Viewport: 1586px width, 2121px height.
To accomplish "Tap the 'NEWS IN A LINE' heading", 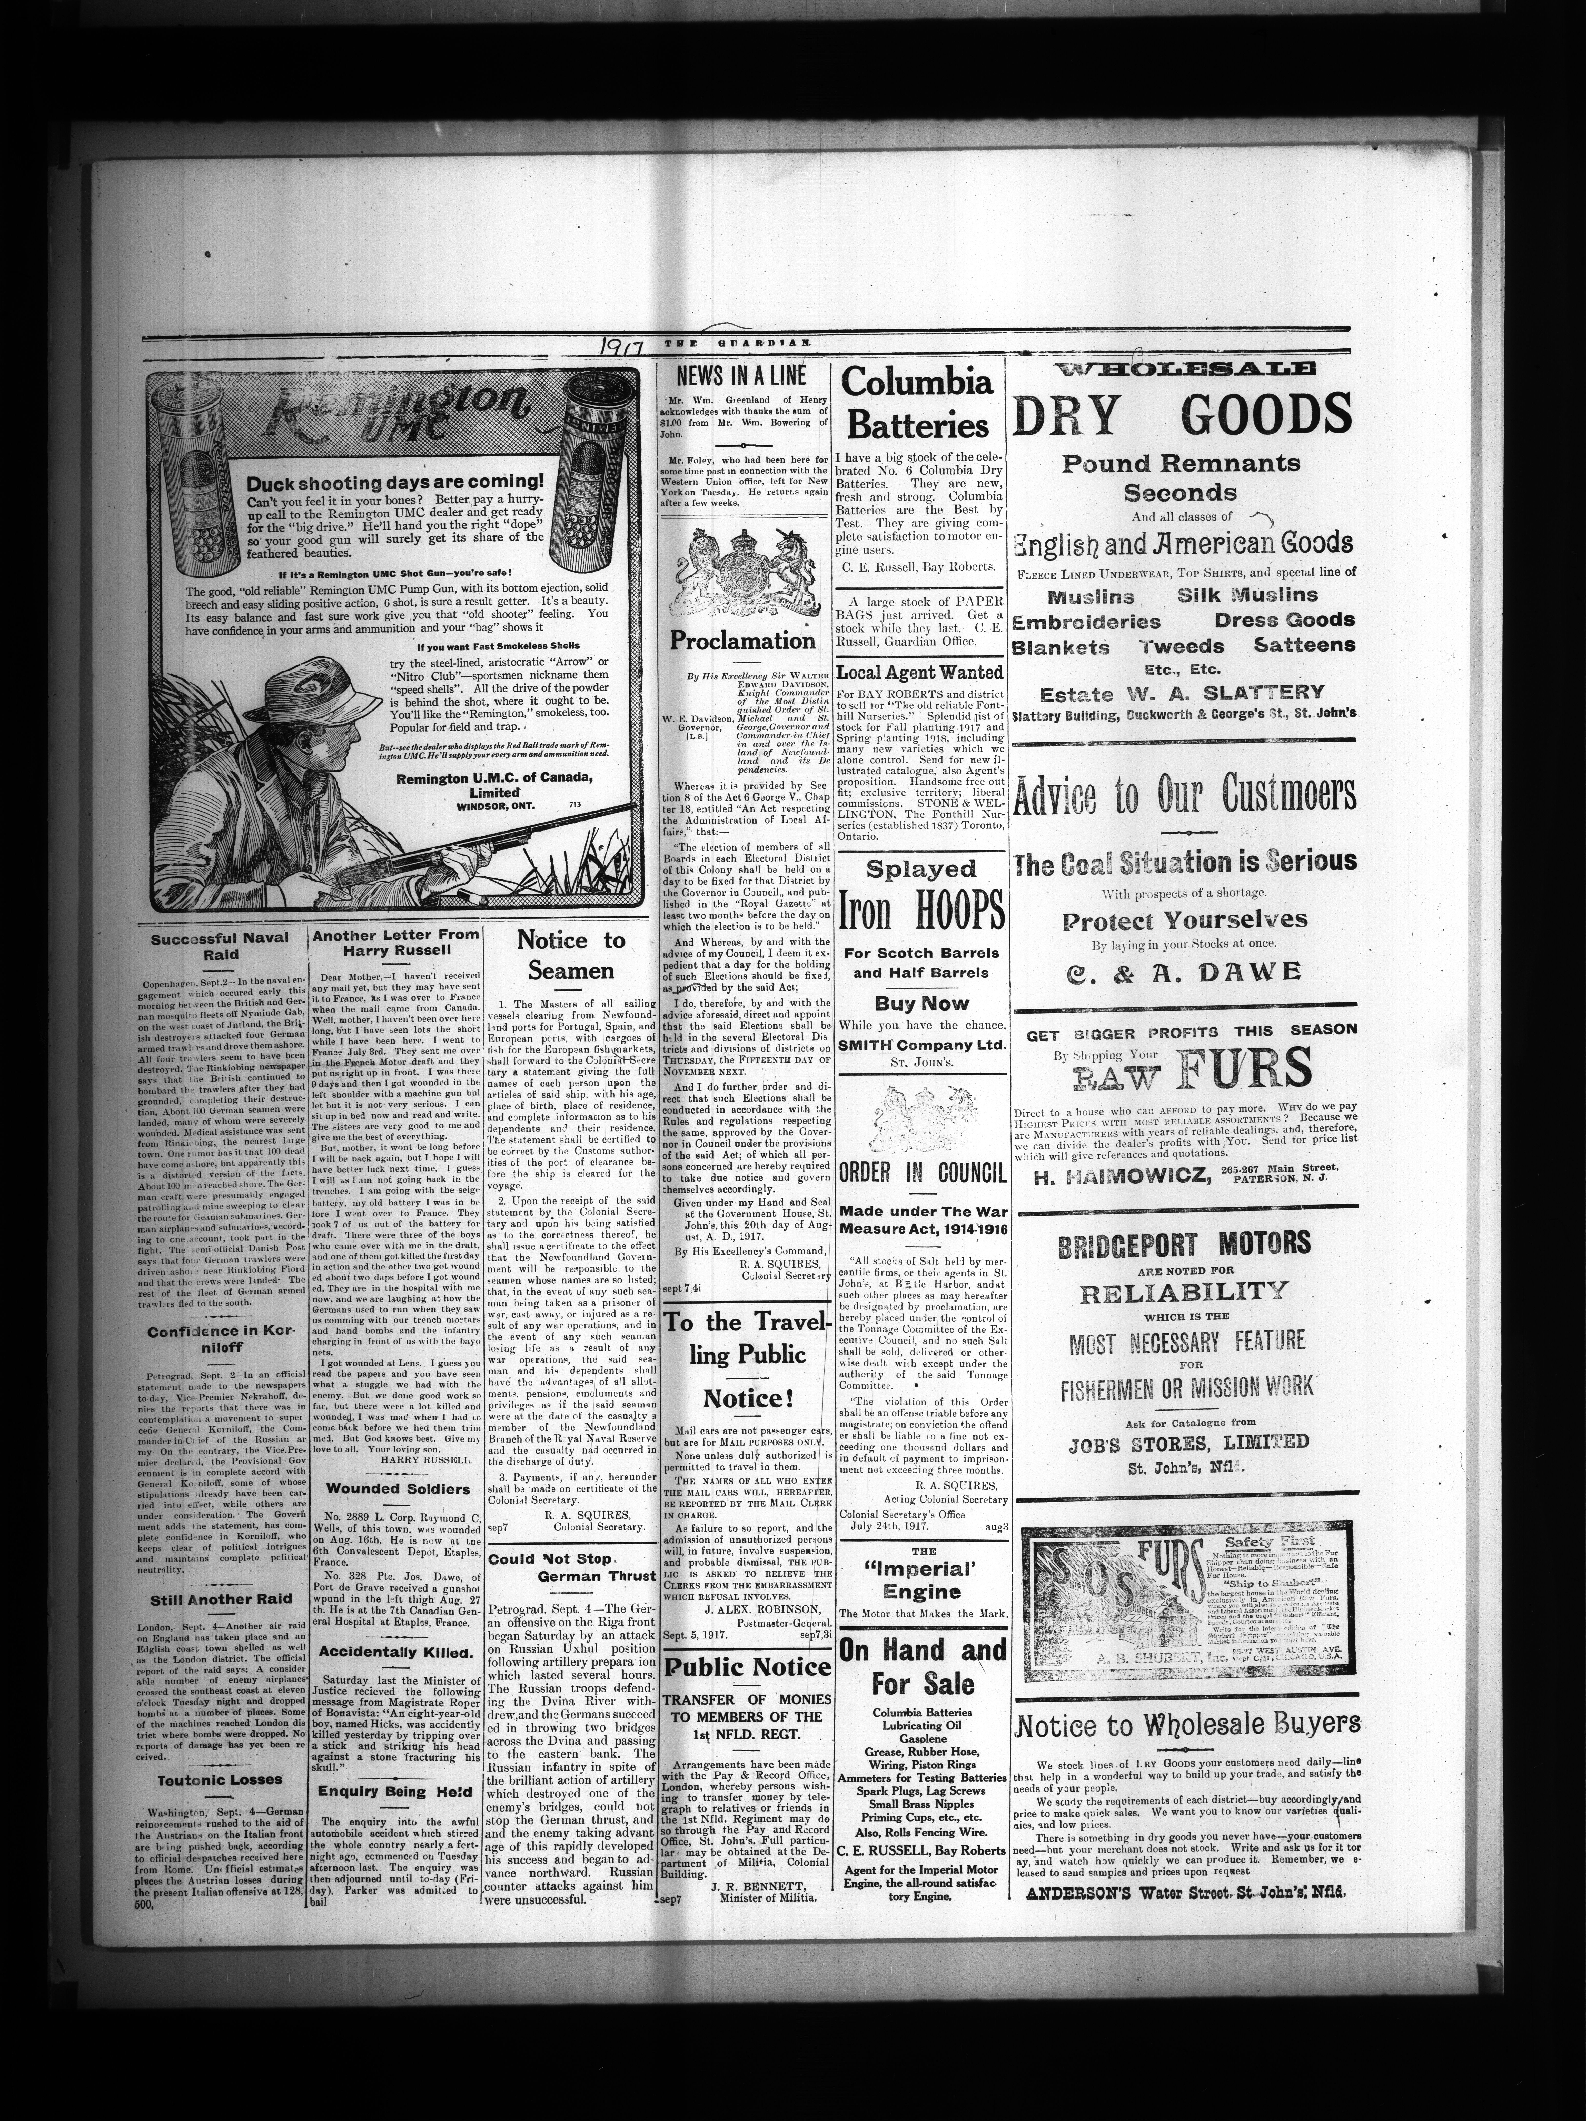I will pos(742,376).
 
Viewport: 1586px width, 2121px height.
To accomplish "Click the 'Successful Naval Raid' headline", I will pos(220,946).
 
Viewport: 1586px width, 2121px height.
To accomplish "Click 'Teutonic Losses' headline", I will pos(220,1780).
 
